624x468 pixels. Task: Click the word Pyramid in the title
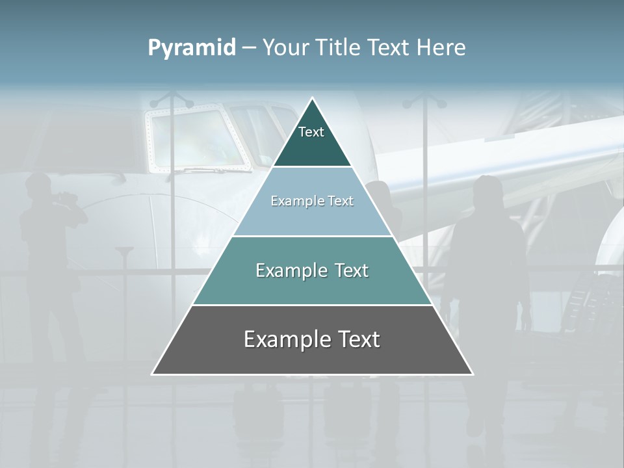191,48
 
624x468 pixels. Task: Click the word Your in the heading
285,47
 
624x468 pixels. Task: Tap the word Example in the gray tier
283,339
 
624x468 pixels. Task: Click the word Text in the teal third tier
349,270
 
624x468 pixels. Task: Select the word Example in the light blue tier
295,201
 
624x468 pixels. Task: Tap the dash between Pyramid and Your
249,48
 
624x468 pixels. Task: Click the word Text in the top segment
311,132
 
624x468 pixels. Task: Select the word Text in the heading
389,47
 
